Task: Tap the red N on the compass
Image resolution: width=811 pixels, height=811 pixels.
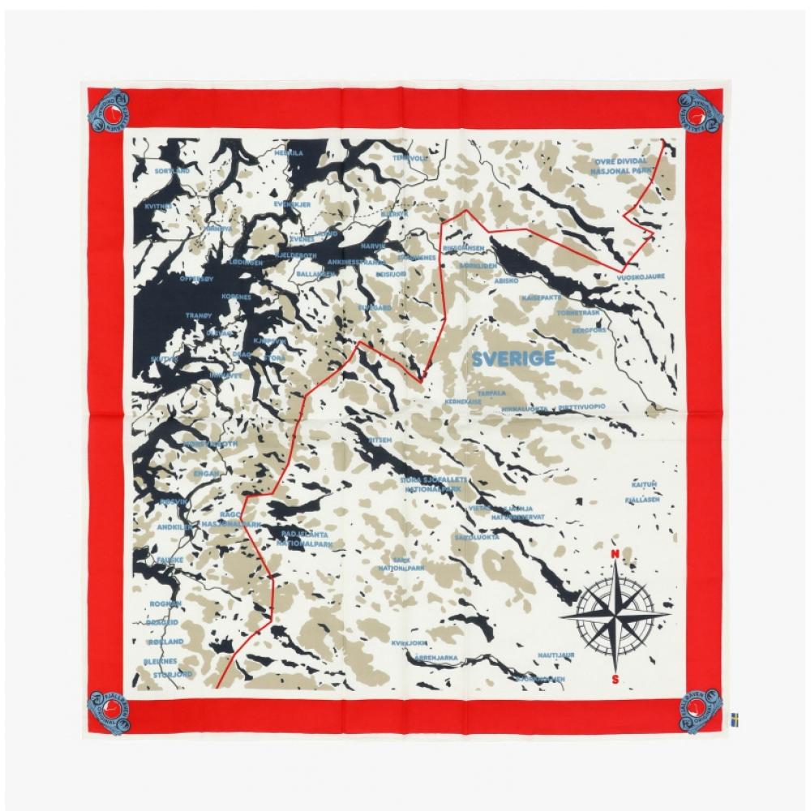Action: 615,555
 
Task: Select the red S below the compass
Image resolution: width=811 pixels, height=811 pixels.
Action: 616,679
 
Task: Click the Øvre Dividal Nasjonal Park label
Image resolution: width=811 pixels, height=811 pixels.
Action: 621,166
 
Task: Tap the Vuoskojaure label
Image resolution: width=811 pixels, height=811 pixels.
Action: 641,276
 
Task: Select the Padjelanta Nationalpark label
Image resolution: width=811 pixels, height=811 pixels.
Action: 301,538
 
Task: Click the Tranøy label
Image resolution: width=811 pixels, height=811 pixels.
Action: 198,315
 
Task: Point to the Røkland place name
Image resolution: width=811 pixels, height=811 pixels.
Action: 167,642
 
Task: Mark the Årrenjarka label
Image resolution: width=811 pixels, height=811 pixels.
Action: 436,658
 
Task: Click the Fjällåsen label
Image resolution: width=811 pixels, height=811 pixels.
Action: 645,500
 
